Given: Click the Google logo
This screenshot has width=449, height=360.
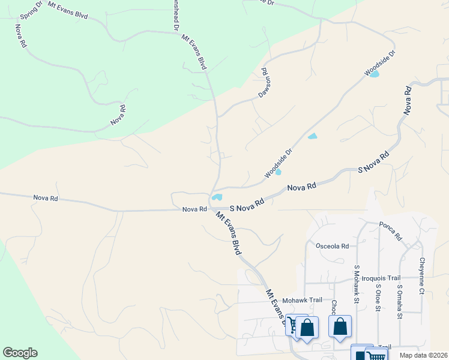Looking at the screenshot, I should click(20, 353).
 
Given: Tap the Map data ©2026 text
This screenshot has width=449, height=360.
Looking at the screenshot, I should click(423, 355).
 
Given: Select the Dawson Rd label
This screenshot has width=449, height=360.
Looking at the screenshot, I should click(262, 83).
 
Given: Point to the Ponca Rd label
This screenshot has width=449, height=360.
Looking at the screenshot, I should click(390, 231).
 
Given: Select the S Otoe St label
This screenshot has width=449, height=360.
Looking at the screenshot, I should click(378, 297).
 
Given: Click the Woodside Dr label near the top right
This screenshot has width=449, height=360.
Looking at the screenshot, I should click(380, 63).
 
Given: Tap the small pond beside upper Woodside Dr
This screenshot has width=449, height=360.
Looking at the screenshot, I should click(375, 74).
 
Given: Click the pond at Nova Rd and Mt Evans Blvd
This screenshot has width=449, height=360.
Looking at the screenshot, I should click(216, 197).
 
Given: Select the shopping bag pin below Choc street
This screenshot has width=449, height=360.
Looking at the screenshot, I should click(340, 328).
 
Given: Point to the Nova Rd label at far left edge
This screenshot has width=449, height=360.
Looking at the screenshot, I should click(46, 197).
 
